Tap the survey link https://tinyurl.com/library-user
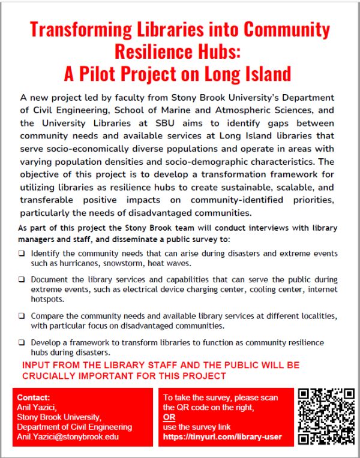[x=222, y=437]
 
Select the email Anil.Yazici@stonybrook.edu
[x=68, y=437]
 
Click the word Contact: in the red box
[x=34, y=397]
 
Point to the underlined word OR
[x=169, y=417]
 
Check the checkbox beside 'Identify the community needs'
[x=22, y=254]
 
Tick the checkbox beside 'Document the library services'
[x=22, y=279]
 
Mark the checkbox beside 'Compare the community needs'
[x=22, y=315]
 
